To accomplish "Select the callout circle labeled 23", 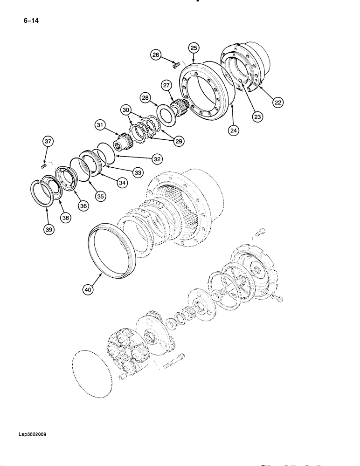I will [257, 118].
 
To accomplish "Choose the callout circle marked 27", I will [166, 85].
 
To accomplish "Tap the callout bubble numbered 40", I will [89, 289].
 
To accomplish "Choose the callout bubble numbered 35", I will [100, 197].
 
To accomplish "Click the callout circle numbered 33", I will [138, 172].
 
